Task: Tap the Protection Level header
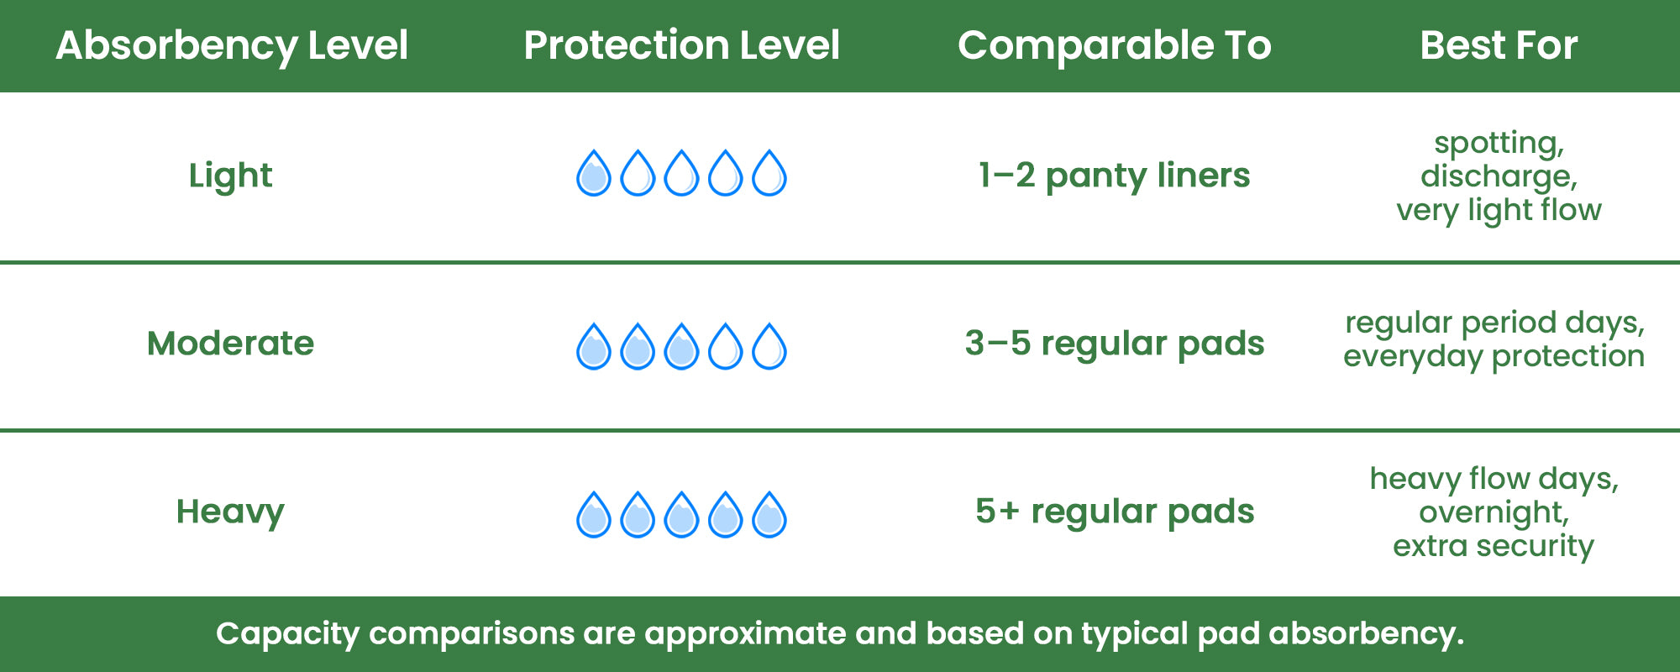click(x=681, y=45)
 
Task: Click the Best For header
click(x=1499, y=45)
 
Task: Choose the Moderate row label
click(x=230, y=344)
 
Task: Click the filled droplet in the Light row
click(x=594, y=174)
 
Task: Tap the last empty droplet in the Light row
click(x=769, y=174)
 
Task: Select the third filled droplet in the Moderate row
click(x=681, y=347)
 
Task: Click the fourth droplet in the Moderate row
click(x=726, y=347)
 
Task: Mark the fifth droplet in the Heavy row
click(x=769, y=515)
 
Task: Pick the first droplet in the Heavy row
click(x=594, y=515)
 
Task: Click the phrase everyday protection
click(x=1494, y=357)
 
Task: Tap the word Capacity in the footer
click(x=287, y=634)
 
